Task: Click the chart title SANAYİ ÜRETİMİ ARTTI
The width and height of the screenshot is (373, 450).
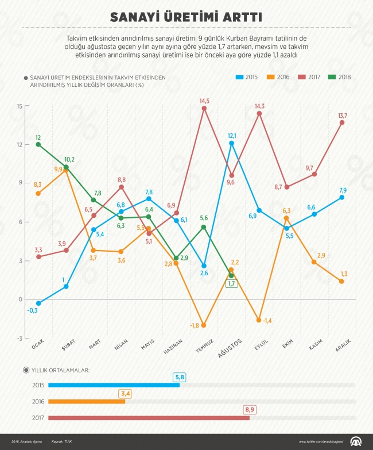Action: click(187, 16)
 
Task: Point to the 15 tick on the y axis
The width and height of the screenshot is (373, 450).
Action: click(19, 106)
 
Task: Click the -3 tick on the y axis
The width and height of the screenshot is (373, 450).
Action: click(19, 339)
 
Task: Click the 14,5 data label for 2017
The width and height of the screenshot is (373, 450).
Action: click(204, 101)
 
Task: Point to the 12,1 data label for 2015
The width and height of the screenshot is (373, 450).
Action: click(231, 136)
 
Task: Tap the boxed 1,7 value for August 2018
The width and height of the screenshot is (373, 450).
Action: click(231, 284)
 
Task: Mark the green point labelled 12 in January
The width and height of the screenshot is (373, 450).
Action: click(38, 144)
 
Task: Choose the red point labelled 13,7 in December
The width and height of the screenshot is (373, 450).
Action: click(342, 122)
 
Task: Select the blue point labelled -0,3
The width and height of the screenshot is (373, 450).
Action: click(38, 303)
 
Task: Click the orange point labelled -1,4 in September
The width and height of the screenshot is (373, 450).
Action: click(259, 320)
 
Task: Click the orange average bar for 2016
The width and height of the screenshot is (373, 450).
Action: click(87, 401)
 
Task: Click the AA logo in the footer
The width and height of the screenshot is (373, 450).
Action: click(356, 441)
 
